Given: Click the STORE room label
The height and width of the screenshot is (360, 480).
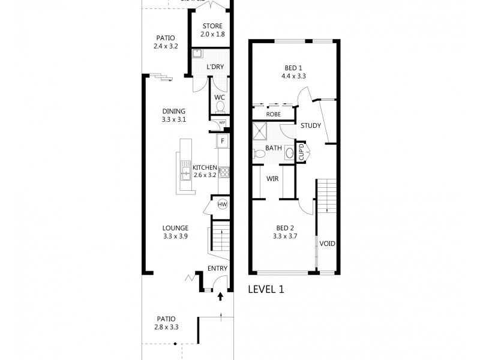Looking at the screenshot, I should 212,30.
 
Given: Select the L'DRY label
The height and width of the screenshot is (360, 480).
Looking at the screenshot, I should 215,67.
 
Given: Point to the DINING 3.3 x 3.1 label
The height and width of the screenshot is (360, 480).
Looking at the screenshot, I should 174,115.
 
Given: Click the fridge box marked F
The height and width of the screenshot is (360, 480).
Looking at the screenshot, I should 223,141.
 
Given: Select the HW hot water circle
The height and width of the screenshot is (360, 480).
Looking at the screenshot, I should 222,205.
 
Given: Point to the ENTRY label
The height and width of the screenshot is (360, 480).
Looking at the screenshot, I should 217,268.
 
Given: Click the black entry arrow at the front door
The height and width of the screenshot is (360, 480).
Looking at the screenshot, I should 220,296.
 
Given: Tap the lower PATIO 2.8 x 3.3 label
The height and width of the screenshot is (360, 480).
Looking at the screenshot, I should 166,323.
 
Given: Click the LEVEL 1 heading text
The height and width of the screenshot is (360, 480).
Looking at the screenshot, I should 266,289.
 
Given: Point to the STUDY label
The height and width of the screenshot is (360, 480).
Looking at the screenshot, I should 311,125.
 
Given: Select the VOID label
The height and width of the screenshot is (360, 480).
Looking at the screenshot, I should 327,244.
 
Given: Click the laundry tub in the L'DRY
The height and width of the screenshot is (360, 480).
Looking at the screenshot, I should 197,53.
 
